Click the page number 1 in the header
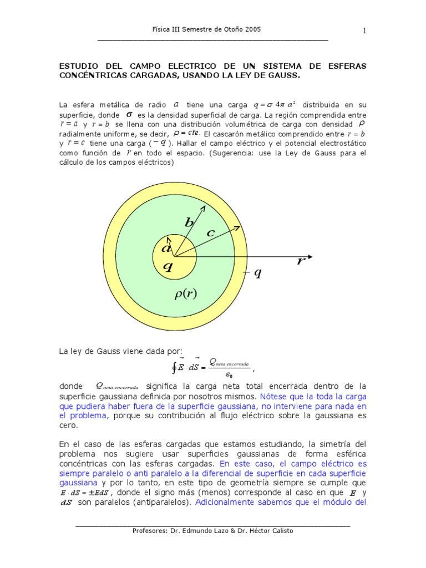(364, 31)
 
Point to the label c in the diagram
(210, 234)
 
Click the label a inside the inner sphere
(166, 248)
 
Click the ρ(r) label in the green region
(186, 294)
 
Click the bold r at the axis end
(301, 261)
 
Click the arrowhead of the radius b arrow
(202, 207)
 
